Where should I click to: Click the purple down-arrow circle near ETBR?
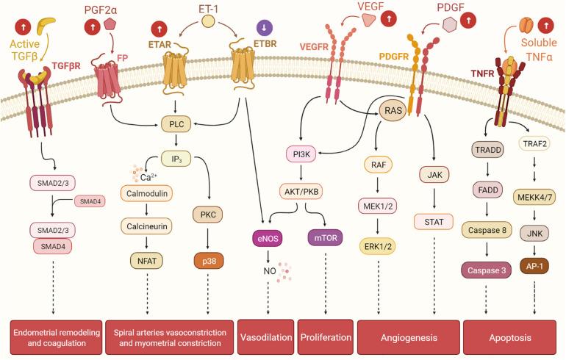262,28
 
